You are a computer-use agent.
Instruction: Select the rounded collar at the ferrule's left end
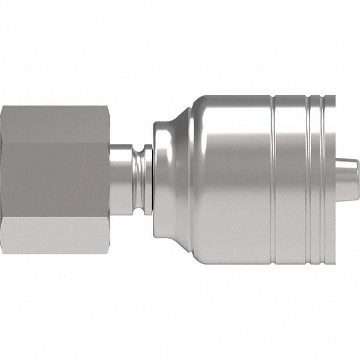point(160,180)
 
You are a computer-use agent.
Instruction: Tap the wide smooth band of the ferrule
point(234,180)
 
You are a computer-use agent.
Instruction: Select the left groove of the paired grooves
point(308,180)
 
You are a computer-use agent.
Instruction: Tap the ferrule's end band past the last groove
point(329,180)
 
